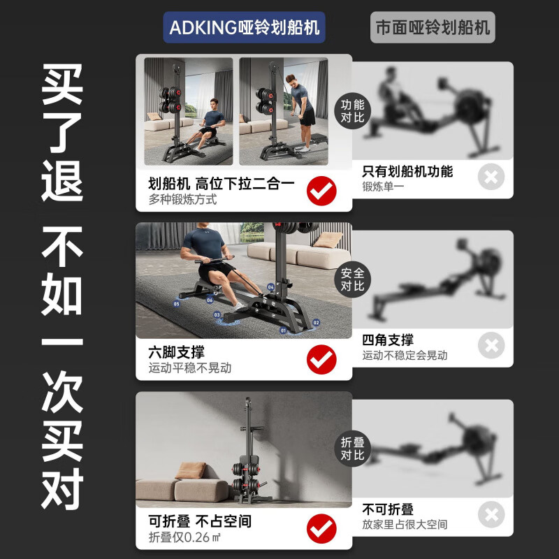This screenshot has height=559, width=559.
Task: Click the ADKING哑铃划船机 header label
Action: [245, 28]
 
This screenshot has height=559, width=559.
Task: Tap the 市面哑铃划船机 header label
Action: [433, 28]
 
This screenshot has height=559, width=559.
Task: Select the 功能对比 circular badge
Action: [352, 110]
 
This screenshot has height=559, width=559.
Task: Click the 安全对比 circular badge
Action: [352, 279]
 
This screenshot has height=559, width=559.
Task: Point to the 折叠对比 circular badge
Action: [352, 448]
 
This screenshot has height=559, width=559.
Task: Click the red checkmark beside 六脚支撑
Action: [321, 360]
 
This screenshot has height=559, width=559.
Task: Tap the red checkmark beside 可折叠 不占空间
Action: [321, 529]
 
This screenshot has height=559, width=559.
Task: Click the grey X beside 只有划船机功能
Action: [491, 177]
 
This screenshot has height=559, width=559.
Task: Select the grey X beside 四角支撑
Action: [491, 345]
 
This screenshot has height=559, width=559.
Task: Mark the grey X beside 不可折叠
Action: [491, 515]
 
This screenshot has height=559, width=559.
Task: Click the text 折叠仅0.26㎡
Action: [185, 537]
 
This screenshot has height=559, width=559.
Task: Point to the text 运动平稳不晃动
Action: [189, 368]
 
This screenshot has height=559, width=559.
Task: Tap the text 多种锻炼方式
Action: [182, 199]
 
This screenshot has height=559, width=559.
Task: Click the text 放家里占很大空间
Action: [404, 524]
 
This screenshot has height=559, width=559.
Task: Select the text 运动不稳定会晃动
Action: [404, 355]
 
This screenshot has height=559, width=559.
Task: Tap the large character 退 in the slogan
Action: [62, 178]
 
